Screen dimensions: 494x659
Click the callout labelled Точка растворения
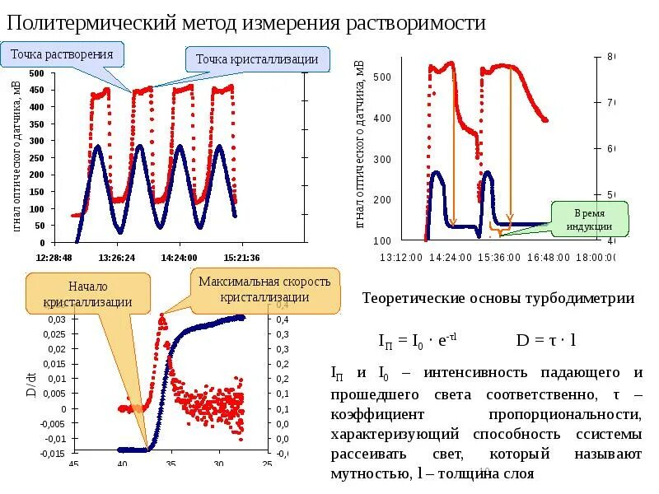(63, 55)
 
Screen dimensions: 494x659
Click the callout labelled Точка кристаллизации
(258, 60)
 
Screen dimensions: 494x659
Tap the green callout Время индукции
(590, 219)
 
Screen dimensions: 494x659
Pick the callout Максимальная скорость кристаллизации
(265, 290)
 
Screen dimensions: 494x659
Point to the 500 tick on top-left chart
(36, 74)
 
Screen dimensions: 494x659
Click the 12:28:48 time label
(54, 257)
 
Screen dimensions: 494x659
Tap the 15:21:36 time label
(242, 257)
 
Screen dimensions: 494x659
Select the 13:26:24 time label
(117, 257)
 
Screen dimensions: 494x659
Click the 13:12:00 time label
(401, 257)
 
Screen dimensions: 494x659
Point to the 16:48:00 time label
(548, 257)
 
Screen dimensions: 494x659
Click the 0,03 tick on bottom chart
(55, 319)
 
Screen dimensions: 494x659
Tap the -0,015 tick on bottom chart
(53, 454)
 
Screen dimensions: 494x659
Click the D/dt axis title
(30, 384)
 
